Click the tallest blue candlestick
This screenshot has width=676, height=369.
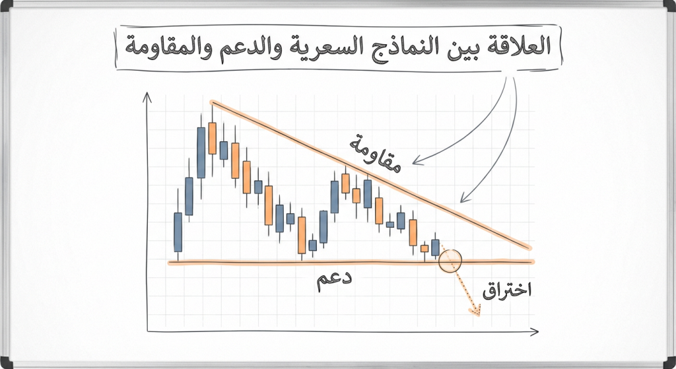point(201,152)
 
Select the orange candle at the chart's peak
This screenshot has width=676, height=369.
point(212,137)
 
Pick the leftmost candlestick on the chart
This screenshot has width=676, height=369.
point(178,232)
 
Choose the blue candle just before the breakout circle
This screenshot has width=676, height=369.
point(435,247)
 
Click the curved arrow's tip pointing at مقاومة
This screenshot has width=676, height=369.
point(415,161)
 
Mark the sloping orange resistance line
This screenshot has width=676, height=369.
point(370,175)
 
